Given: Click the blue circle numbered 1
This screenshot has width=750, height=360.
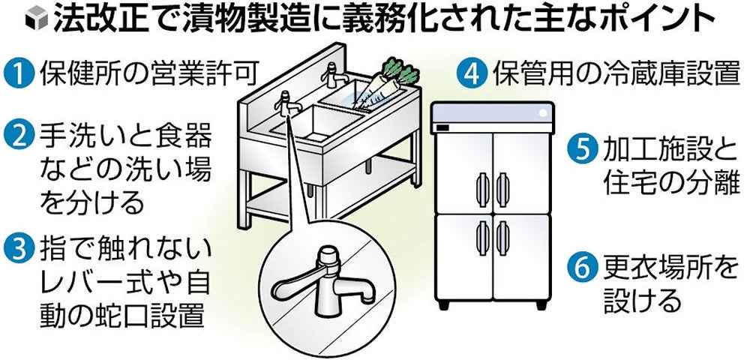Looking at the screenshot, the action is click(19, 74).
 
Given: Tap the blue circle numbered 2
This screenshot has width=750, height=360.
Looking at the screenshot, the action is click(19, 135).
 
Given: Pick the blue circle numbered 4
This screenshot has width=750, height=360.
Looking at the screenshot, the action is click(472, 74).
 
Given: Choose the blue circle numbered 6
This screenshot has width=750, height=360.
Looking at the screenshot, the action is click(582, 268).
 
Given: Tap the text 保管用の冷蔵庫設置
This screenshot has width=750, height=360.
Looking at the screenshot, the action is click(616, 74).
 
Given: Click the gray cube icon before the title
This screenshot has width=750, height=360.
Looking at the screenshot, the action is click(37, 18).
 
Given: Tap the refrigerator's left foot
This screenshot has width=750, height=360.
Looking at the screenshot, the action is click(444, 304).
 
